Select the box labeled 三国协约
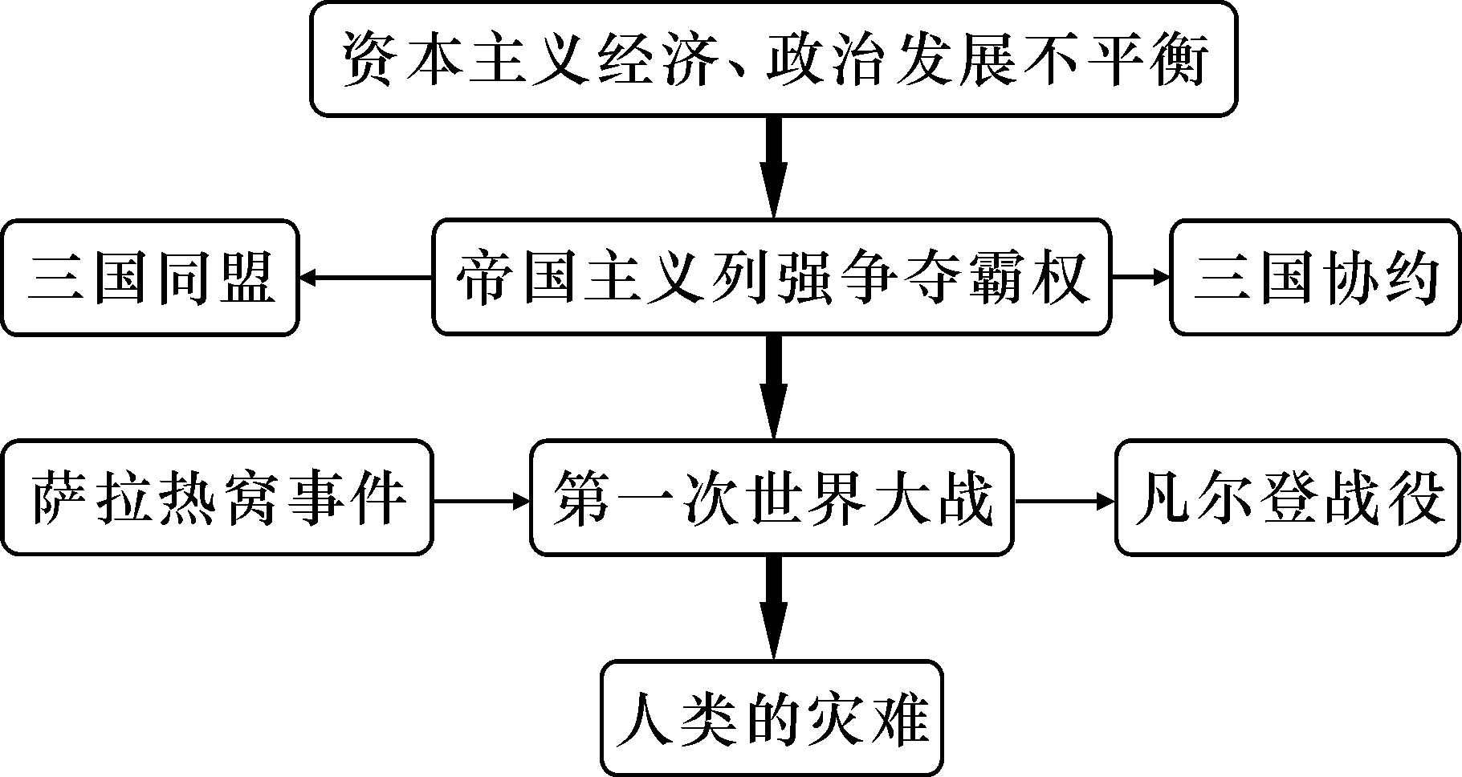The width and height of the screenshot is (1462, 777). pos(1314,278)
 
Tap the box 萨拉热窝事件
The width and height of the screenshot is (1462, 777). pos(217,498)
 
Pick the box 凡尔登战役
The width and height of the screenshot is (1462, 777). pos(1287,498)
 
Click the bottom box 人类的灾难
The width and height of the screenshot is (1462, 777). pos(772,718)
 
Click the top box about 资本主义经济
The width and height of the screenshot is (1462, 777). pos(772,59)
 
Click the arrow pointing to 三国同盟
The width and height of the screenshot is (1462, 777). pos(365,278)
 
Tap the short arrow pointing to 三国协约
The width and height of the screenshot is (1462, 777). pos(1141,278)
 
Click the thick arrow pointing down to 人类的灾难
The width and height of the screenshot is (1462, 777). pos(773,606)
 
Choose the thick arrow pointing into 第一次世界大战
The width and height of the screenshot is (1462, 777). pos(773,386)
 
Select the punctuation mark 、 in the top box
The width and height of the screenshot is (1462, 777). pos(739,72)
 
